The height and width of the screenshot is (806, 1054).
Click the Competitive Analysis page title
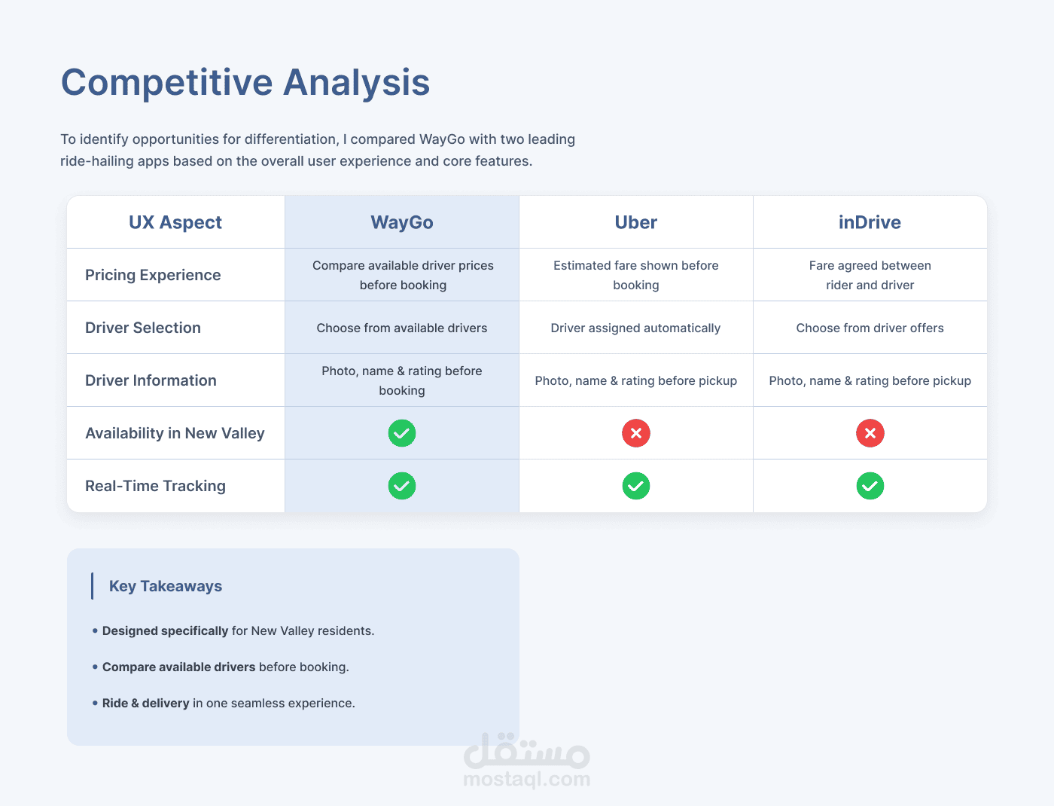[245, 83]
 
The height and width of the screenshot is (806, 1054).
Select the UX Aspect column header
[175, 222]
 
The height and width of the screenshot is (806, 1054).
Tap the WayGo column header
[402, 222]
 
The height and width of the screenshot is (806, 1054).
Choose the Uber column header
[635, 222]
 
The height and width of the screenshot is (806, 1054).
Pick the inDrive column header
[870, 222]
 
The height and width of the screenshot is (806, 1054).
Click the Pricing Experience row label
[153, 275]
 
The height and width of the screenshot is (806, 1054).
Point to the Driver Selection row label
[142, 328]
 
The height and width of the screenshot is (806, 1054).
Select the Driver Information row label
[151, 380]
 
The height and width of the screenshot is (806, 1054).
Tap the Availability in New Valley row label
[175, 433]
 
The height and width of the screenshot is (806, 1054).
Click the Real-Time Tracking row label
[155, 486]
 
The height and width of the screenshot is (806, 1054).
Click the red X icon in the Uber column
[635, 433]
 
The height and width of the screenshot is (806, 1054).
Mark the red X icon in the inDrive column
[870, 433]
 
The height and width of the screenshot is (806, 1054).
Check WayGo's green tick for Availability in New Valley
[402, 433]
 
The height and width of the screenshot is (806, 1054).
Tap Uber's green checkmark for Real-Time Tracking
[635, 486]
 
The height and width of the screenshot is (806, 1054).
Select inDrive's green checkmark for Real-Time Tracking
[870, 486]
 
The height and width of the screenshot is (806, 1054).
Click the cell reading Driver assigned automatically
[635, 328]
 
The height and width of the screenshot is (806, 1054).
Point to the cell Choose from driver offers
[870, 328]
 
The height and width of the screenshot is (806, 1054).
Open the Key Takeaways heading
[165, 586]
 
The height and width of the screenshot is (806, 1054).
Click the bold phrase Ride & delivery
[145, 704]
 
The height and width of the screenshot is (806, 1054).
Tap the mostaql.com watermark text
[527, 779]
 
